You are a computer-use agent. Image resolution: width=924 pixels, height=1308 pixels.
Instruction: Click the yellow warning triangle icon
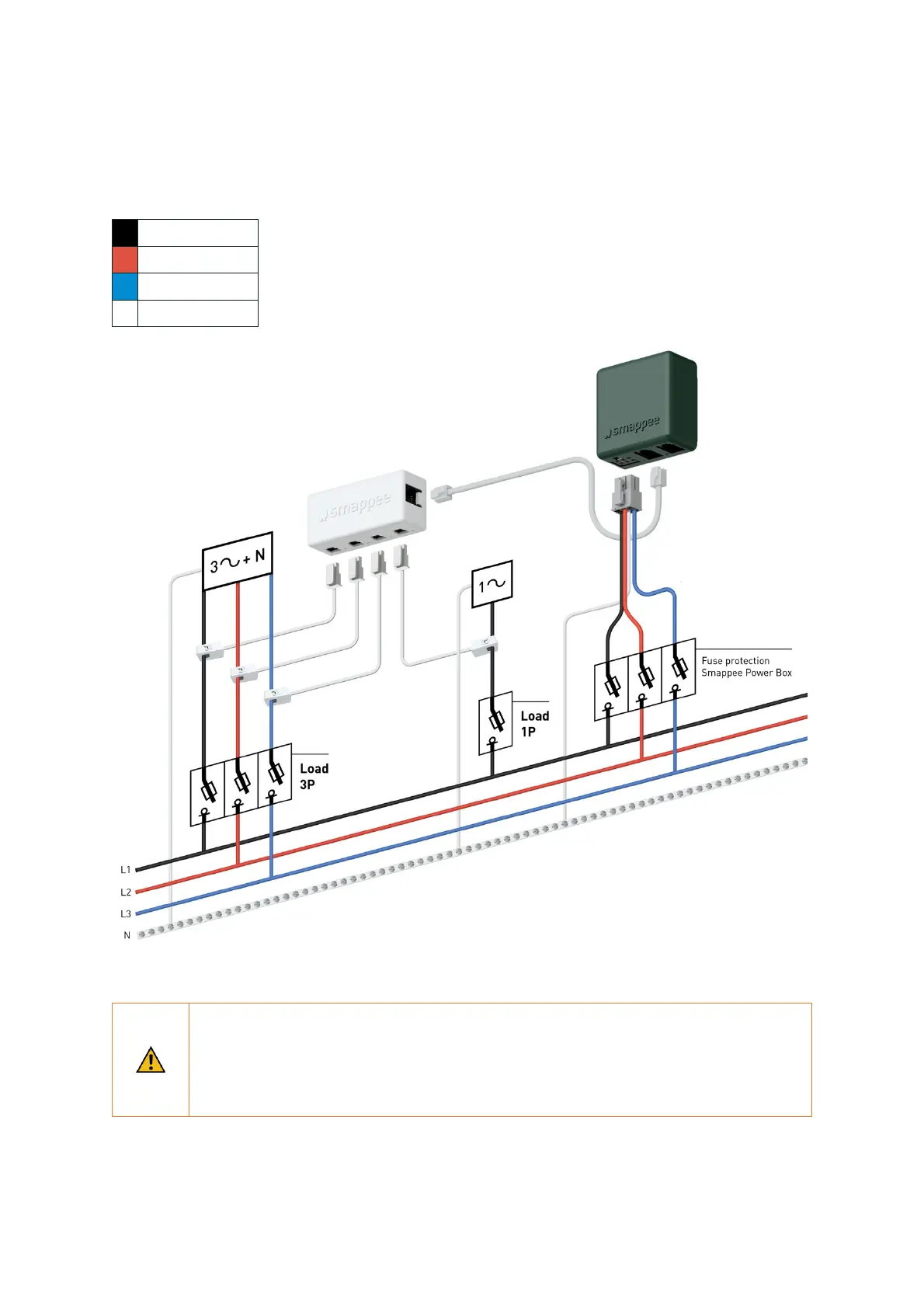tap(151, 1060)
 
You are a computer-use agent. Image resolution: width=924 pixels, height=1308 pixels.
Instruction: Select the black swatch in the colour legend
tap(125, 233)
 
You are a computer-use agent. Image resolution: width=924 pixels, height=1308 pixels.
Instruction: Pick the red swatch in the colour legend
tap(125, 259)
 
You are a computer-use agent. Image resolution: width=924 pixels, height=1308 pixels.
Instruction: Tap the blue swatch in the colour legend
tap(125, 287)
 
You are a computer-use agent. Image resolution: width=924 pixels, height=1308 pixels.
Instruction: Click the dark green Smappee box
tap(646, 408)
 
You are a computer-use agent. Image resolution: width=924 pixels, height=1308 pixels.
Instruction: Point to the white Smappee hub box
tap(367, 510)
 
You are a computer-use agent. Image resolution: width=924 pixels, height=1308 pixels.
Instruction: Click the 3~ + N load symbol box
tap(238, 561)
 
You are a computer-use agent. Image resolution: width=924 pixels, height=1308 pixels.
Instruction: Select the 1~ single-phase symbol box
tap(492, 584)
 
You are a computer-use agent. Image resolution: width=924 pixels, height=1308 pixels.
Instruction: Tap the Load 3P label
tap(314, 776)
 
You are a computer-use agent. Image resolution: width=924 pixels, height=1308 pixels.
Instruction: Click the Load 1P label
tap(534, 723)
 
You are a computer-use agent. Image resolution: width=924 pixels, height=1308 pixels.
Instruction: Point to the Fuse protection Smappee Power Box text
tap(746, 666)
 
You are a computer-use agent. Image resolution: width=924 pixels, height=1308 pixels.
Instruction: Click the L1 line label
tap(126, 870)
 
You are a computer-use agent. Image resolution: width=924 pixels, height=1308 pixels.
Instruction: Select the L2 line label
tap(126, 892)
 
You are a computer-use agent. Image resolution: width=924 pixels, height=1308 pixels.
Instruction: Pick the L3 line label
tap(126, 914)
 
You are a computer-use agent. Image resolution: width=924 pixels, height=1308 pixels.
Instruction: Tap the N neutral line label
tap(127, 936)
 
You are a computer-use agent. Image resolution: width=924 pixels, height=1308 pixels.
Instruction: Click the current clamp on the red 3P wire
tap(244, 673)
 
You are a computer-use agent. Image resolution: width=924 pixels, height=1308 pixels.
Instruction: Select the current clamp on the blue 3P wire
tap(277, 696)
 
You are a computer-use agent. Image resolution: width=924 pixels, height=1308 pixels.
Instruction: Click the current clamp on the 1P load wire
tap(485, 646)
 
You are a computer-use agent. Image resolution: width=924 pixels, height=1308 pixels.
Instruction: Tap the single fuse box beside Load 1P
tap(495, 723)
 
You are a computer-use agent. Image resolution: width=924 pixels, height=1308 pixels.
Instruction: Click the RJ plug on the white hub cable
tap(442, 492)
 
